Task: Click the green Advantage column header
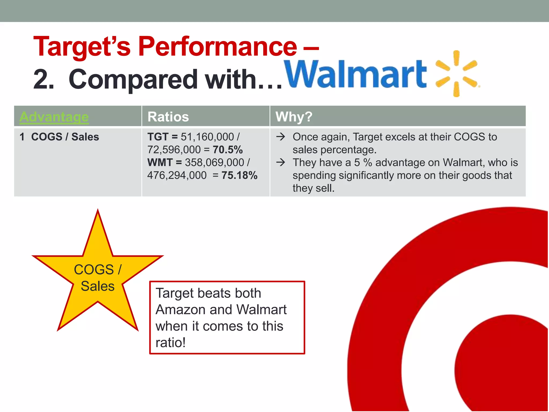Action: pyautogui.click(x=54, y=117)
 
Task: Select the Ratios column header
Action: pyautogui.click(x=168, y=117)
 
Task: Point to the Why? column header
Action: pyautogui.click(x=294, y=117)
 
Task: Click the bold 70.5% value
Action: pyautogui.click(x=228, y=150)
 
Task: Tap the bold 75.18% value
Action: pyautogui.click(x=239, y=175)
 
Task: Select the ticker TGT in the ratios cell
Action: pyautogui.click(x=158, y=137)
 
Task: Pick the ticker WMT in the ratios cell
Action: pyautogui.click(x=160, y=163)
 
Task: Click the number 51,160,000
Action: pyautogui.click(x=207, y=137)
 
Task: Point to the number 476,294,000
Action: pyautogui.click(x=177, y=175)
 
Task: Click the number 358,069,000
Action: pyautogui.click(x=214, y=163)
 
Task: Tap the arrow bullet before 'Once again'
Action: pyautogui.click(x=281, y=137)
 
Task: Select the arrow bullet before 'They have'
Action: pyautogui.click(x=281, y=163)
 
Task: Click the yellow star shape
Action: pyautogui.click(x=98, y=276)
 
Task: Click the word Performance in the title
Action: pyautogui.click(x=217, y=47)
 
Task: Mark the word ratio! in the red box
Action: pyautogui.click(x=170, y=343)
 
